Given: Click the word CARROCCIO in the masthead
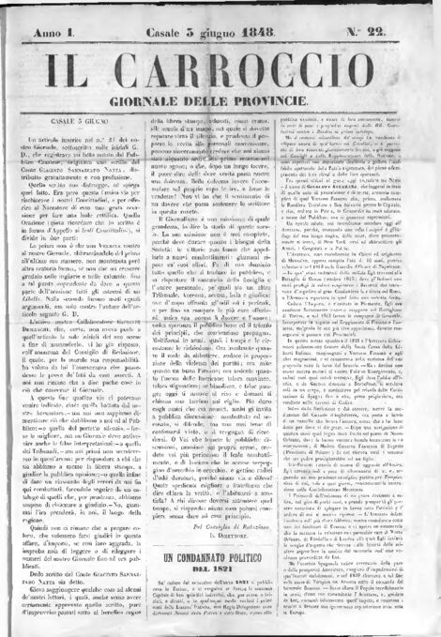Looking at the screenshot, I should (x=252, y=68).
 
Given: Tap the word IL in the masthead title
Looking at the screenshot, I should (x=59, y=68).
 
